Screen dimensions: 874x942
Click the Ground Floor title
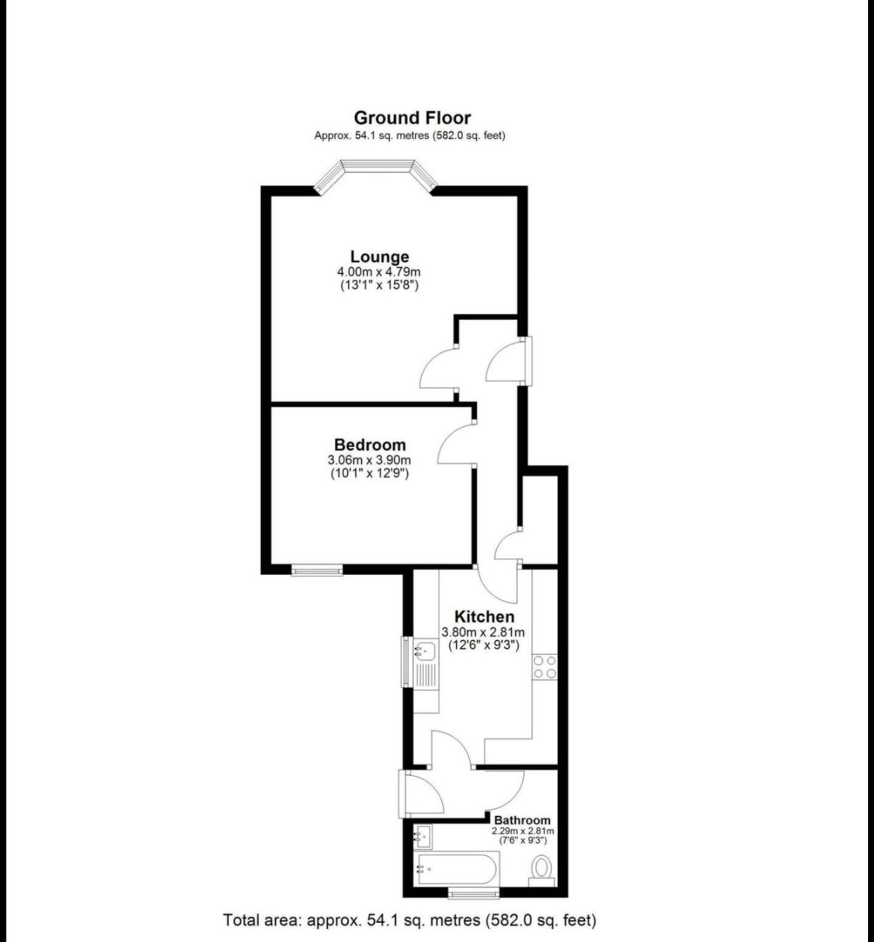click(x=413, y=117)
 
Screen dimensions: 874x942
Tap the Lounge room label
click(x=379, y=257)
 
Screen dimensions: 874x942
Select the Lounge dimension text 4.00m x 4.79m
click(x=378, y=272)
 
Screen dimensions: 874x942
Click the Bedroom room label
click(x=370, y=445)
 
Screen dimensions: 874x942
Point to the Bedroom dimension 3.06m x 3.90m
click(x=369, y=460)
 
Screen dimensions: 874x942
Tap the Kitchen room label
click(x=484, y=617)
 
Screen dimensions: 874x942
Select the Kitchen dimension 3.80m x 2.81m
click(x=483, y=632)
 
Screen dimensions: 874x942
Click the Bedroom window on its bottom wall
click(x=317, y=571)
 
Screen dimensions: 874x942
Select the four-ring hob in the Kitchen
click(x=545, y=667)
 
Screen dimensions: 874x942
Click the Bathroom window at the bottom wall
click(x=473, y=892)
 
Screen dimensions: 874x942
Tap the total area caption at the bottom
click(x=409, y=920)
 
